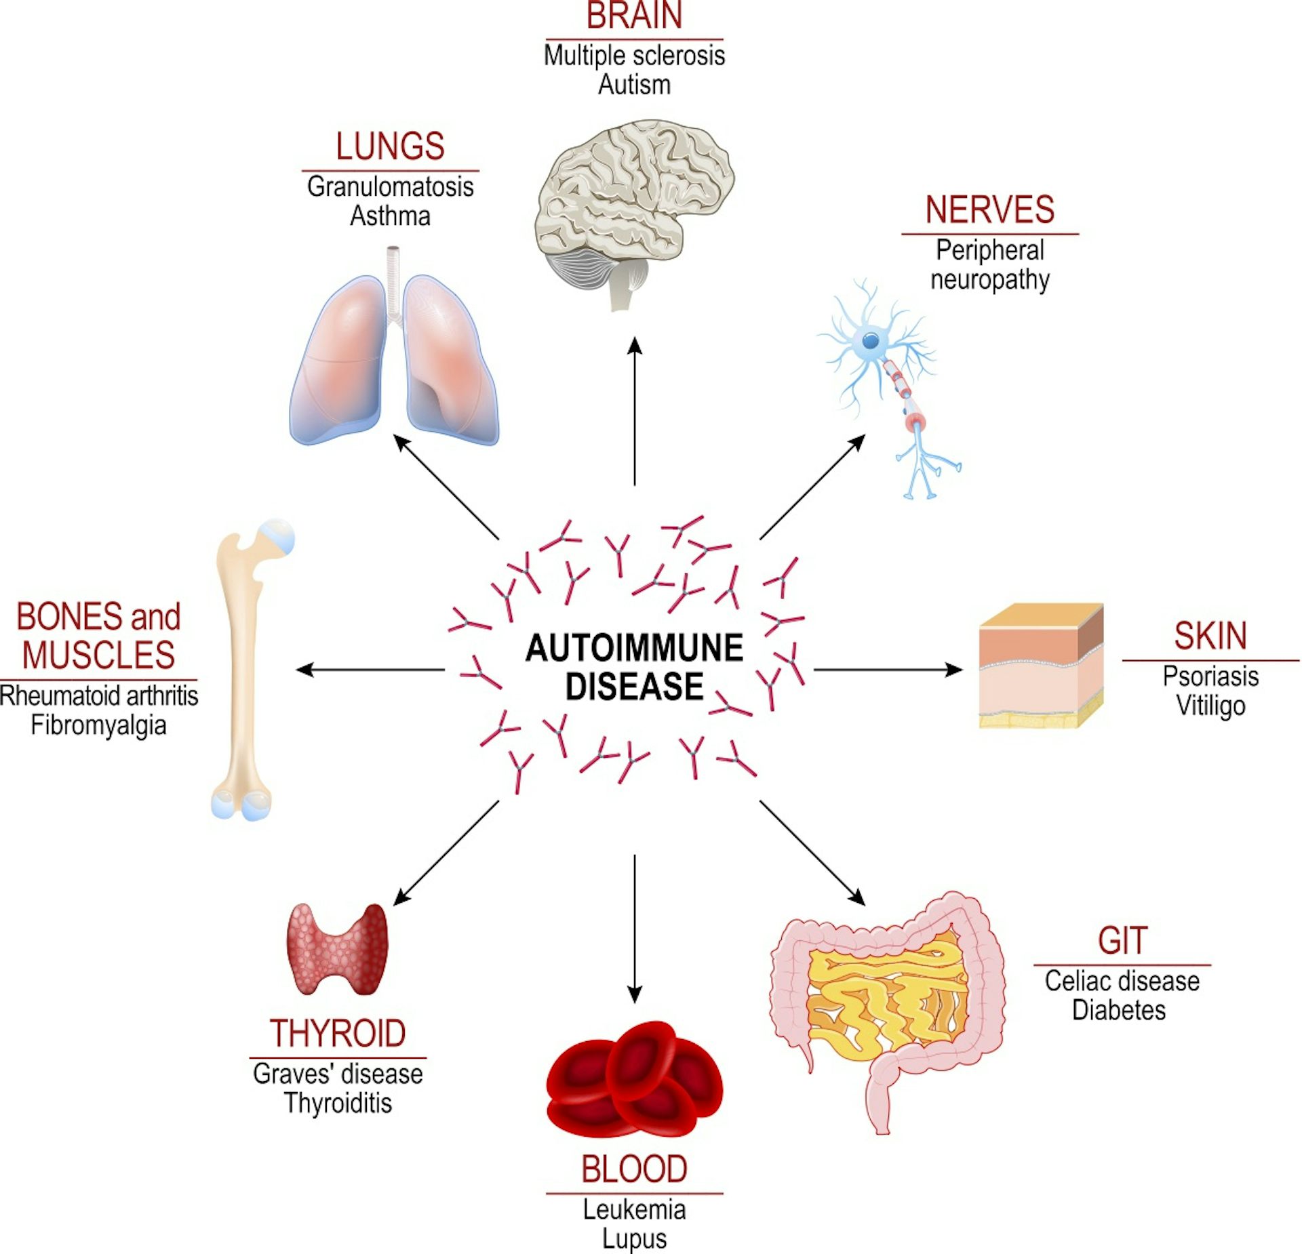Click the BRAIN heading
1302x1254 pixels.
(634, 16)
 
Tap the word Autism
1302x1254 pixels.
(634, 85)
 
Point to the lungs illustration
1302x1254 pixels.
(394, 359)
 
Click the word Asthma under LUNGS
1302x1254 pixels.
(390, 216)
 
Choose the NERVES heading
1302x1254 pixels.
(989, 210)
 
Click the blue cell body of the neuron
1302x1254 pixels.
(870, 340)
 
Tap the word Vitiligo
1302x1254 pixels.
(1210, 706)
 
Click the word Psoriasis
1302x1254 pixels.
(1210, 676)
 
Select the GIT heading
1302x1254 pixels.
(1122, 941)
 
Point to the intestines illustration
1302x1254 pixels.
(888, 996)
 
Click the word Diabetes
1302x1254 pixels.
(1119, 1010)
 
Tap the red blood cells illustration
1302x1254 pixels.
(634, 1078)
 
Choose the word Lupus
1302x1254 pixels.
(634, 1238)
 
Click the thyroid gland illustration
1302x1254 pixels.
(337, 949)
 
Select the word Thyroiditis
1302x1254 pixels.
(338, 1103)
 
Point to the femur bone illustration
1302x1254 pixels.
(244, 671)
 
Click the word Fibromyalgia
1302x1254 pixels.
(98, 725)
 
